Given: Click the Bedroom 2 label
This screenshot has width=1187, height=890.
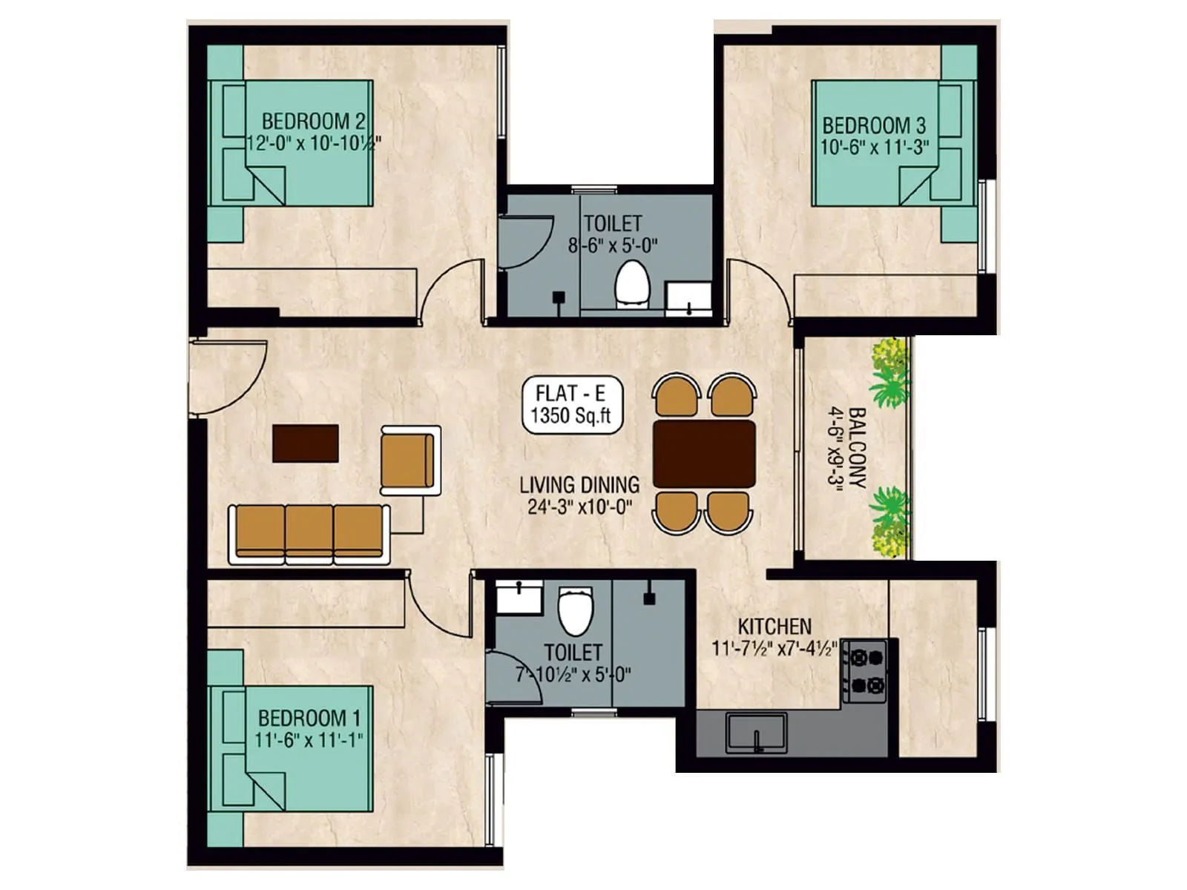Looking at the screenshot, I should click(313, 121).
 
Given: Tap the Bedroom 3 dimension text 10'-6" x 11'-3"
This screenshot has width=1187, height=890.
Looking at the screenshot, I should click(875, 147).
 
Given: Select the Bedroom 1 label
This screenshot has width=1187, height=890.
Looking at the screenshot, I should click(309, 718).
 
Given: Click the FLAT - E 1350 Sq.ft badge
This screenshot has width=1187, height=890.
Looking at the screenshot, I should click(571, 405).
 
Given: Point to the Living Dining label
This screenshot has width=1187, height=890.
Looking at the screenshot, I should click(579, 485).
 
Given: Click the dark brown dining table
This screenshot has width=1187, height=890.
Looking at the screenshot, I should click(704, 454).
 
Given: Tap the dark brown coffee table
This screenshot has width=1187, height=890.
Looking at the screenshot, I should click(305, 444).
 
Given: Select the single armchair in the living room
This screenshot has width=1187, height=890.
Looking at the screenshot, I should click(409, 461).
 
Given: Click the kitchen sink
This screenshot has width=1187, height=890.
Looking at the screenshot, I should click(756, 732).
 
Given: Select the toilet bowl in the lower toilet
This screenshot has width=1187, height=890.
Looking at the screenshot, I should click(576, 610).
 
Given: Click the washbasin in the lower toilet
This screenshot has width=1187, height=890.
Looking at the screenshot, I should click(519, 597).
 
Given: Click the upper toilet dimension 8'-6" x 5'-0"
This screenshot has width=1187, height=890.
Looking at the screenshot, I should click(613, 245).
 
